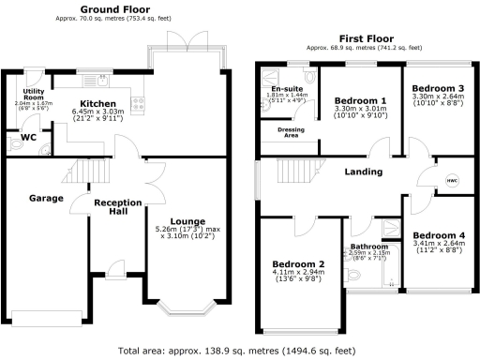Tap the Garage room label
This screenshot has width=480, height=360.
click(45, 199)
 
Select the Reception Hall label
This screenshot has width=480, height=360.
click(116, 207)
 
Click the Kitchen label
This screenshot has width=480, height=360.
click(97, 103)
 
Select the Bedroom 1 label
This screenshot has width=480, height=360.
click(360, 100)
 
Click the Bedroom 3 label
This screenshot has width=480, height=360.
click(437, 87)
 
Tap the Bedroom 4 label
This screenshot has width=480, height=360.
click(437, 234)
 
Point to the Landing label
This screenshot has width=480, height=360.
click(362, 172)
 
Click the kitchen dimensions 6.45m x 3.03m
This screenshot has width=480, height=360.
click(97, 114)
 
